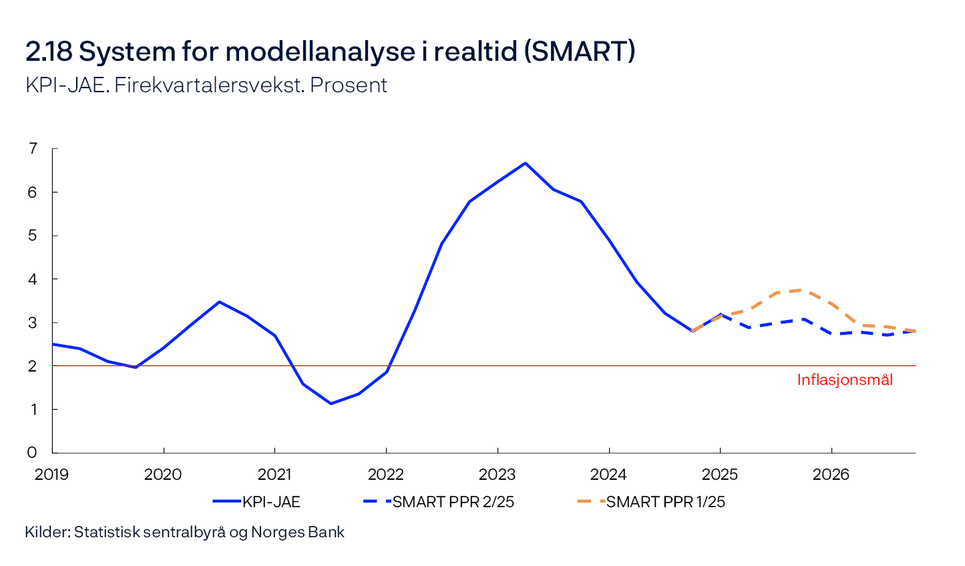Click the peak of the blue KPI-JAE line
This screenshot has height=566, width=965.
[526, 163]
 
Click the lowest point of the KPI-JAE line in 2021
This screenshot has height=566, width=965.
[331, 404]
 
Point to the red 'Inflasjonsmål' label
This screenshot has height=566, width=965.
[845, 380]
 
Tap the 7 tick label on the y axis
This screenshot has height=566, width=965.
[33, 148]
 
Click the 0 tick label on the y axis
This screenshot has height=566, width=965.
[33, 452]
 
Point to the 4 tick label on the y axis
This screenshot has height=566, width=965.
[33, 279]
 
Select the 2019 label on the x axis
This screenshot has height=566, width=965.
[52, 474]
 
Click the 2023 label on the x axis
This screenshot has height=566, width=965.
[498, 474]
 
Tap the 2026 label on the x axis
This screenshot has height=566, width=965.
[831, 474]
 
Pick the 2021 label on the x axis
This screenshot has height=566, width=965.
[274, 474]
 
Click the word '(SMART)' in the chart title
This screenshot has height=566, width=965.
[579, 51]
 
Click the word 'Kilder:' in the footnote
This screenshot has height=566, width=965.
[47, 532]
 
